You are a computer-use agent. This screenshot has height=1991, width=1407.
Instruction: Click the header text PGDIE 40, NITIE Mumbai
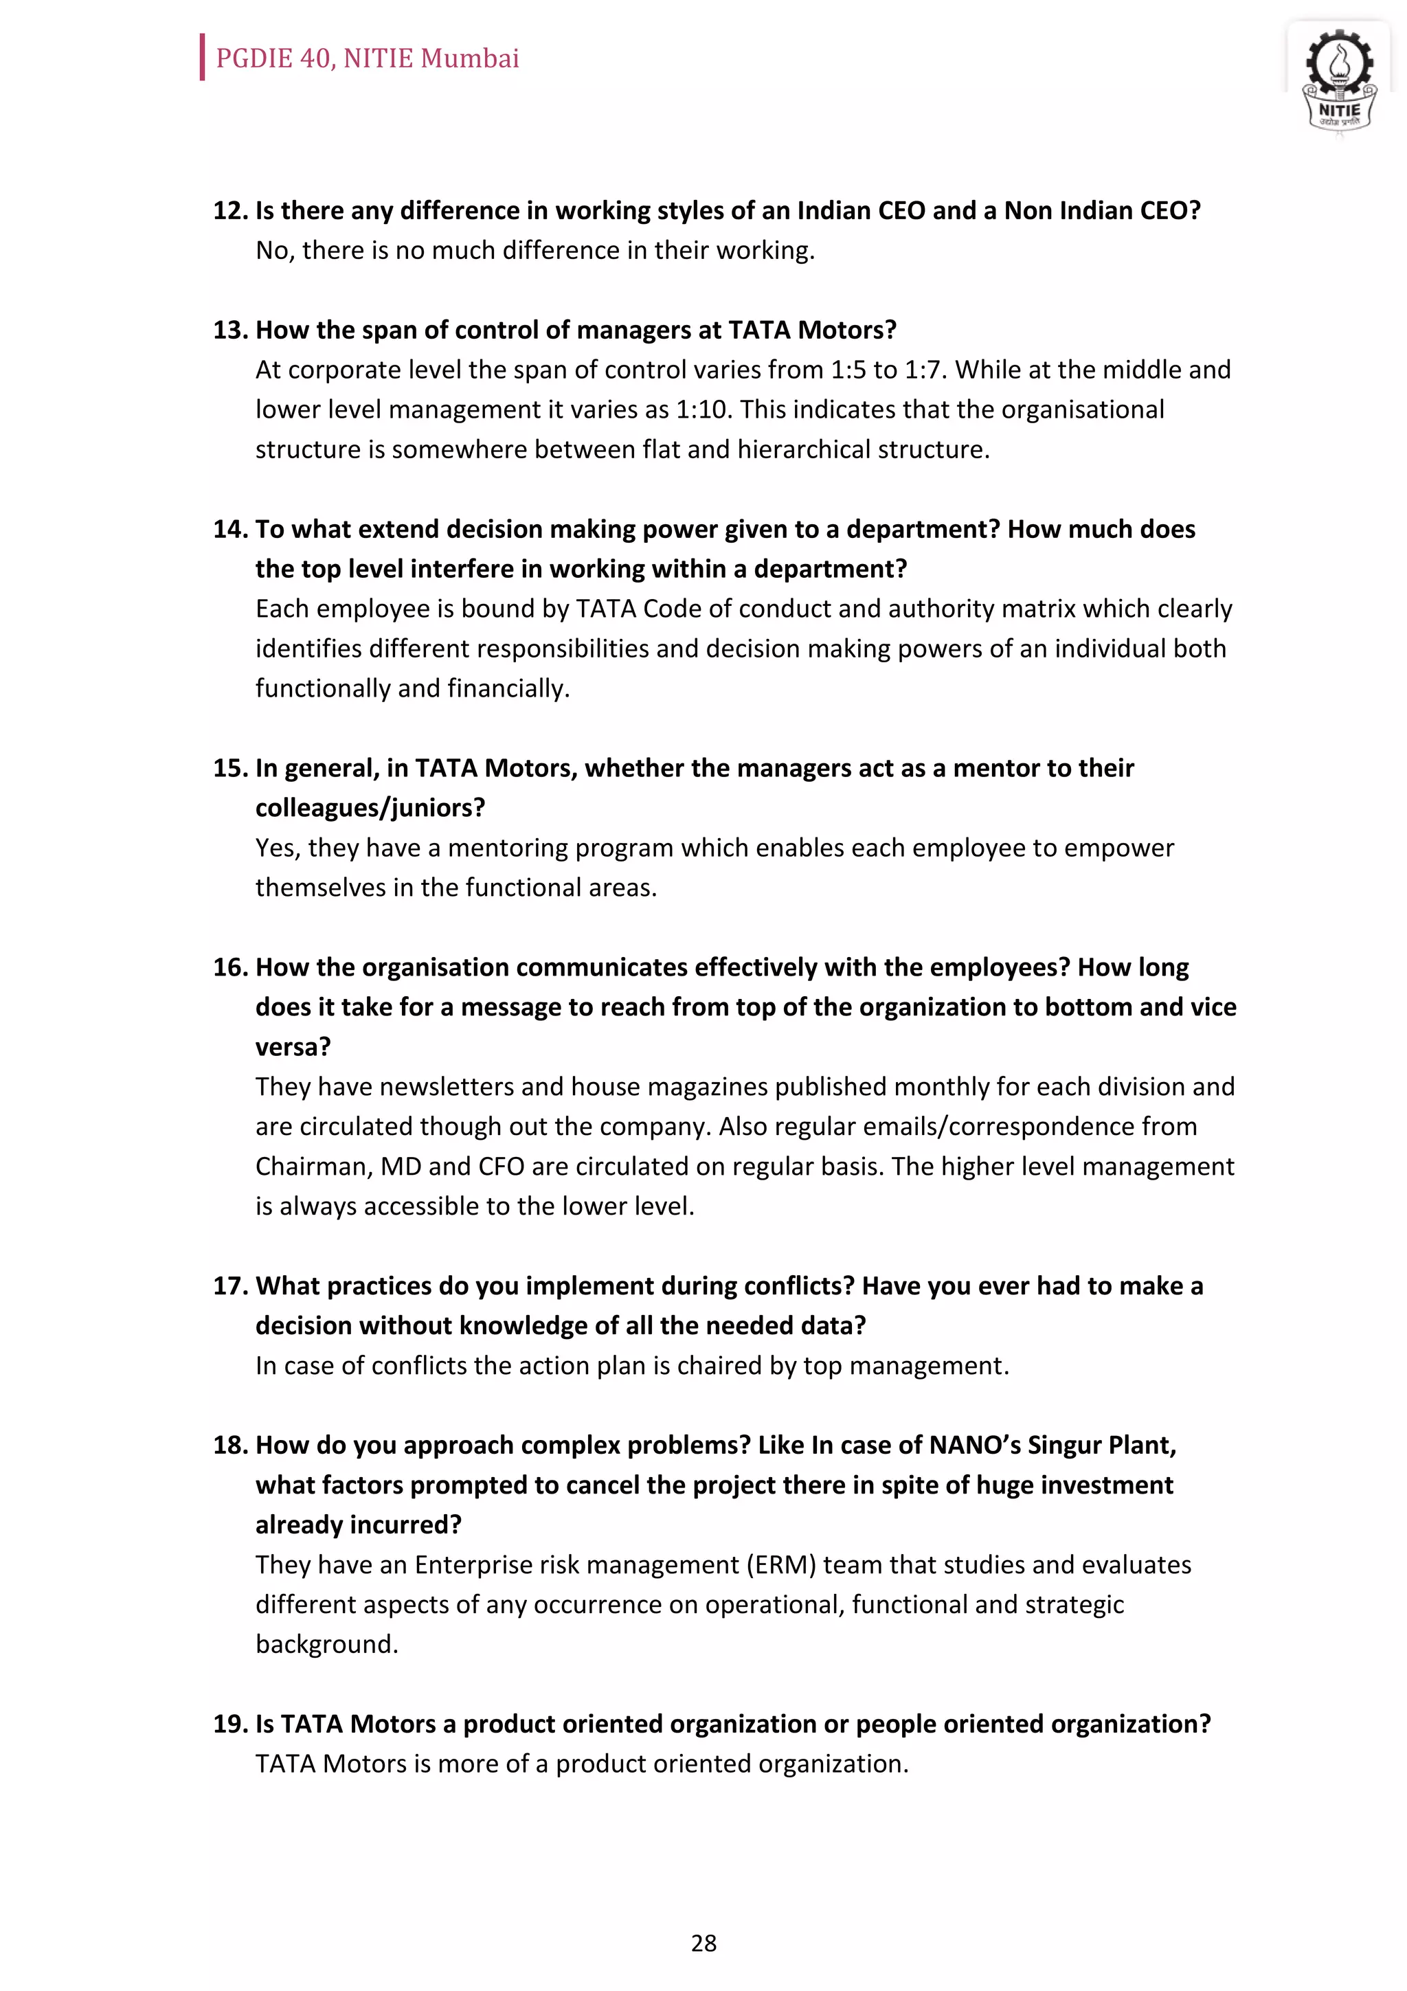[x=367, y=58]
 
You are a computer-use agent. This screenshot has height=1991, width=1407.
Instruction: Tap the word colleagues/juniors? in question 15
[x=370, y=808]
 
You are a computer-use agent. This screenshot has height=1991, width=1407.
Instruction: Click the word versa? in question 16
[x=292, y=1046]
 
